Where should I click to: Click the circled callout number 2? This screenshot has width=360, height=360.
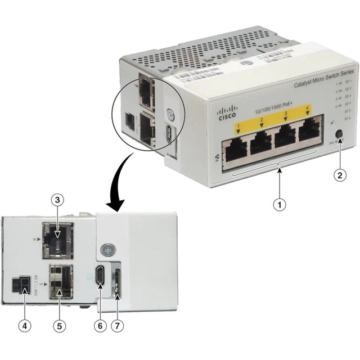pos(339,175)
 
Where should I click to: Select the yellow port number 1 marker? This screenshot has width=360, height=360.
pos(238,127)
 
